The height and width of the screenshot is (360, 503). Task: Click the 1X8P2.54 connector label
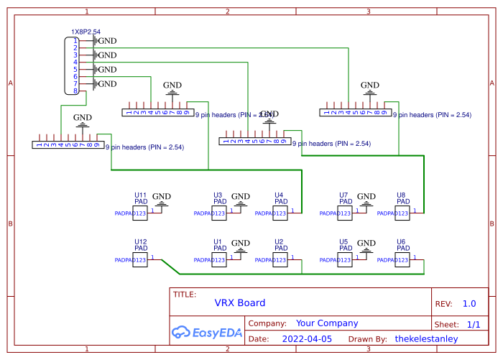coord(85,32)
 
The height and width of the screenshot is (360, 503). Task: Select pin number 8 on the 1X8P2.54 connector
coord(75,91)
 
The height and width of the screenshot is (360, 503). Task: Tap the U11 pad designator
coord(141,195)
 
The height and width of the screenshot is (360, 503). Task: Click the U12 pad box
coord(141,259)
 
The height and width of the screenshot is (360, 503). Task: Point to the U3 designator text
coord(218,195)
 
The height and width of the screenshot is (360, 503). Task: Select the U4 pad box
coord(280,213)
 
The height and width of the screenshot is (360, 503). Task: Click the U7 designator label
coord(343,195)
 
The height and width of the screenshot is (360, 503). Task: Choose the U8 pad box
coord(402,213)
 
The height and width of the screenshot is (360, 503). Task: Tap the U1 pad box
coord(218,259)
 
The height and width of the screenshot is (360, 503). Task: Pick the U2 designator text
coord(279,242)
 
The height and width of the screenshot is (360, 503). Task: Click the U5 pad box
coord(344,259)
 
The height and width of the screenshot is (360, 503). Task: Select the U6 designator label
coord(401,242)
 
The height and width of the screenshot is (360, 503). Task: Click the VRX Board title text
coord(240,303)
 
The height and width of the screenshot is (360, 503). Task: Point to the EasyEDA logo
coord(207,333)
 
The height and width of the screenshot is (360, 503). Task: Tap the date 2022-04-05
coord(307,338)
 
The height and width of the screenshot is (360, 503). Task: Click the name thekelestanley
coord(426,338)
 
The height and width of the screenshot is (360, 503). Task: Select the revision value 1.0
coord(469,303)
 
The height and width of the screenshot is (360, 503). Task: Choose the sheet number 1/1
coord(474,325)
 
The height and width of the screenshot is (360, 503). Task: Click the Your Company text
coord(327,323)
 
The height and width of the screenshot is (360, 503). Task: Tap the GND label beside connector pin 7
coord(107,84)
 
